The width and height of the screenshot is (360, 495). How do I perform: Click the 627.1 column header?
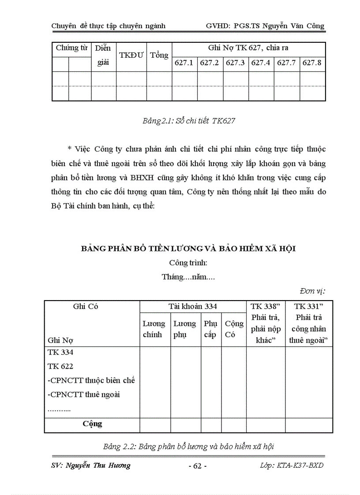184,63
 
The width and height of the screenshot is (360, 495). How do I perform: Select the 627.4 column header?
260,63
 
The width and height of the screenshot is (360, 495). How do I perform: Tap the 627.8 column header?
312,63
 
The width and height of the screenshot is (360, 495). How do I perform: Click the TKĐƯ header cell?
131,56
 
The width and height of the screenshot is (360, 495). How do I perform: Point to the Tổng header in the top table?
159,55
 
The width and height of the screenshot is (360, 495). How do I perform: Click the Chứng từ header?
71,48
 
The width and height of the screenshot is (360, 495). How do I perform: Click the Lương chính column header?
154,329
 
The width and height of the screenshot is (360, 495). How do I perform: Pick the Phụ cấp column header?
210,329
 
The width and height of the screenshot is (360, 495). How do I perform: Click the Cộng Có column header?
234,329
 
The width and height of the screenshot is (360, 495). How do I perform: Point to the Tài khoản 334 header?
192,306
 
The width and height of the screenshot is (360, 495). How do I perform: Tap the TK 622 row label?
60,366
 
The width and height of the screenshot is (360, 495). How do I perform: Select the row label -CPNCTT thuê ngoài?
84,394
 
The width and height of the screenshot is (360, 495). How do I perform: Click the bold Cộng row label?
92,424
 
